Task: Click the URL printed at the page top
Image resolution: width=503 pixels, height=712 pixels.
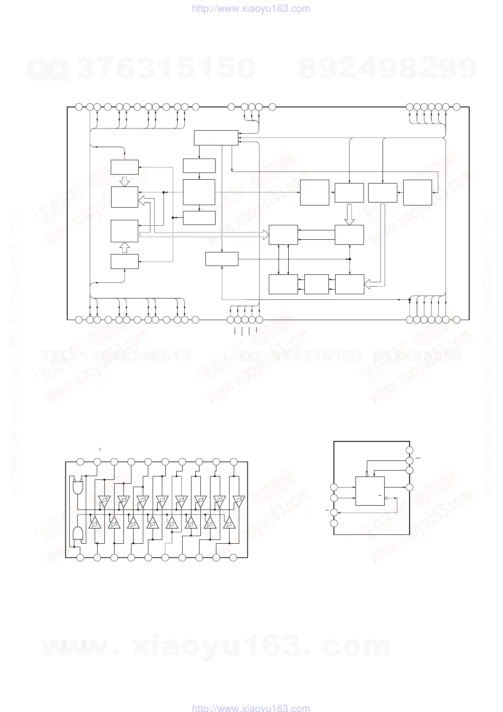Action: click(x=251, y=8)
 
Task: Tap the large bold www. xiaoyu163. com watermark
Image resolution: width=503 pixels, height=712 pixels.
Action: click(x=216, y=647)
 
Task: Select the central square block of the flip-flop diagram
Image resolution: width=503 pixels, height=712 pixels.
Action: click(x=370, y=491)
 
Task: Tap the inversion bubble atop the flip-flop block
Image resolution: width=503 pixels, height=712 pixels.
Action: click(x=366, y=475)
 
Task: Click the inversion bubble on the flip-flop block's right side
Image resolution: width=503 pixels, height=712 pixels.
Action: click(x=386, y=498)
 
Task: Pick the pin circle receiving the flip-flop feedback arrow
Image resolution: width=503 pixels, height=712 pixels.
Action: click(x=334, y=512)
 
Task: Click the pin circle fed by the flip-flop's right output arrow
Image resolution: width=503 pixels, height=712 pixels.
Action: click(x=409, y=487)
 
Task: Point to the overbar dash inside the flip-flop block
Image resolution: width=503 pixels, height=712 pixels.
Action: click(x=380, y=495)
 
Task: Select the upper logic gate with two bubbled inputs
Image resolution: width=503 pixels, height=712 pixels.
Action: click(x=78, y=487)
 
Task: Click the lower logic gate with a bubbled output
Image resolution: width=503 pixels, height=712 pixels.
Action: click(x=78, y=534)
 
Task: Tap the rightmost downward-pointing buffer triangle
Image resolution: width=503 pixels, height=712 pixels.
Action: click(x=239, y=501)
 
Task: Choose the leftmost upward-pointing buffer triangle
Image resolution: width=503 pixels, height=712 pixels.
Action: click(x=95, y=523)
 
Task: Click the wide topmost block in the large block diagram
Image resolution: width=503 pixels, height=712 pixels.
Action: click(x=216, y=138)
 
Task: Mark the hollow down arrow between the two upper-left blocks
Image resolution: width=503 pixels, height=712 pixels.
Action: click(x=125, y=181)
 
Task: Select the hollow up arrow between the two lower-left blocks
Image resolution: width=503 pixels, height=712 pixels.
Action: click(x=125, y=247)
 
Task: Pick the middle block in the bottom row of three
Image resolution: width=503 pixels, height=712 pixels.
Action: click(x=316, y=284)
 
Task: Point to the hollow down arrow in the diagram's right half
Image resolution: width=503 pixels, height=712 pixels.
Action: click(x=349, y=215)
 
